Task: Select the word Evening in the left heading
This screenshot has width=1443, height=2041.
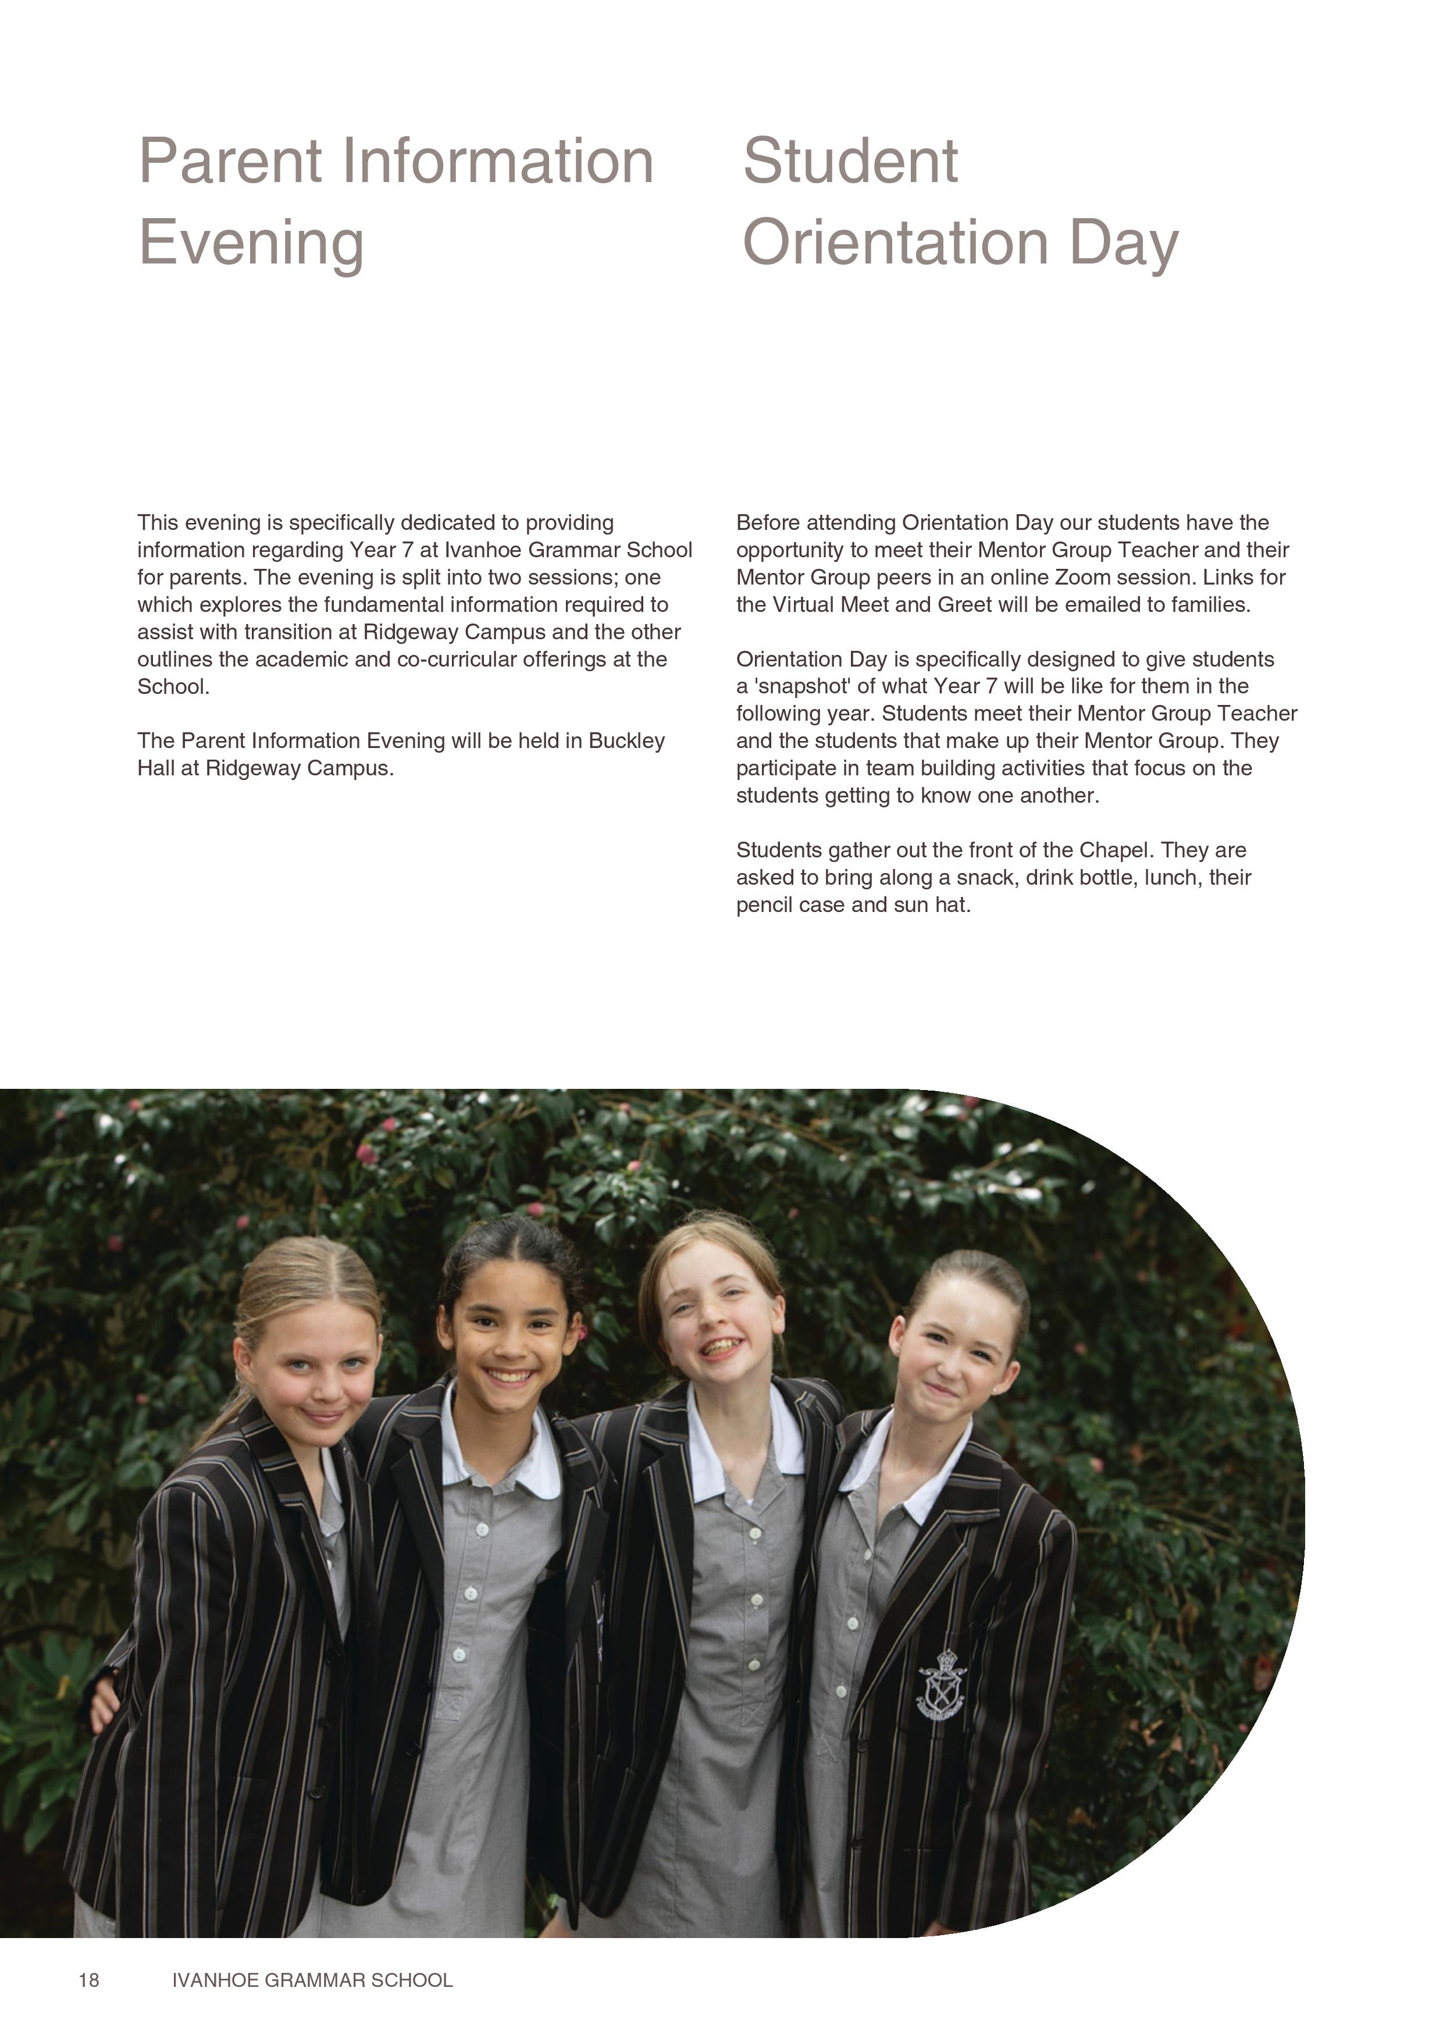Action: (x=251, y=243)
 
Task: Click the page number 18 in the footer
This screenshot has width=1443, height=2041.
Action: (x=89, y=1980)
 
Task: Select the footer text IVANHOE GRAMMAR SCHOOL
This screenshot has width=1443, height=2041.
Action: (x=312, y=1980)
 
